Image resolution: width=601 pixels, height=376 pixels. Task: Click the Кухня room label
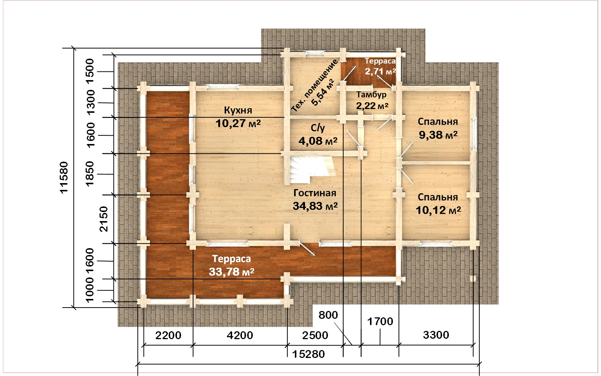tap(238, 110)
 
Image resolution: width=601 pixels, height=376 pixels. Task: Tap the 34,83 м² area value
tap(315, 206)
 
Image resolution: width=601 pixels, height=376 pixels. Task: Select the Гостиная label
tap(315, 193)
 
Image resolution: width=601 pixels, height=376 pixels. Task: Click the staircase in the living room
tap(311, 169)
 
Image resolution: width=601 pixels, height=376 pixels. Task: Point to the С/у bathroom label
tap(318, 128)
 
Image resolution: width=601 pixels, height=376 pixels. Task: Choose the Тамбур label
tap(371, 94)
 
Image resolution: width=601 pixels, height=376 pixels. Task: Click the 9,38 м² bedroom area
tap(438, 135)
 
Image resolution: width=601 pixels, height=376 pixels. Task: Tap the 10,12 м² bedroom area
tap(438, 210)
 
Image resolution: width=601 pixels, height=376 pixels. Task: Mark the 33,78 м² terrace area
tap(231, 272)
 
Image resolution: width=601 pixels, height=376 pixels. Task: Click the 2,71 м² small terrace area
tap(380, 71)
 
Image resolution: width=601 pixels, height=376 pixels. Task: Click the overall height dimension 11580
tap(64, 177)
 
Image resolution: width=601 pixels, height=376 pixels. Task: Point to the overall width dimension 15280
tap(308, 354)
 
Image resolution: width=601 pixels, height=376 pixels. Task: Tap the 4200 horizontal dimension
tap(240, 335)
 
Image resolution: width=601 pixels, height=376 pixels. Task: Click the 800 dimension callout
tap(328, 315)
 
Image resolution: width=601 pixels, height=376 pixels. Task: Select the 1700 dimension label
tap(380, 321)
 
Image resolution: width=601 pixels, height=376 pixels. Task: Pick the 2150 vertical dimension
tap(103, 219)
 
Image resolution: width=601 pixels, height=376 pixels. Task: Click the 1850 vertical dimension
tap(90, 173)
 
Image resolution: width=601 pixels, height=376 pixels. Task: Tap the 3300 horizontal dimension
tap(436, 335)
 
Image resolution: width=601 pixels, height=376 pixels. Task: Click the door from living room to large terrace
tap(307, 249)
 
